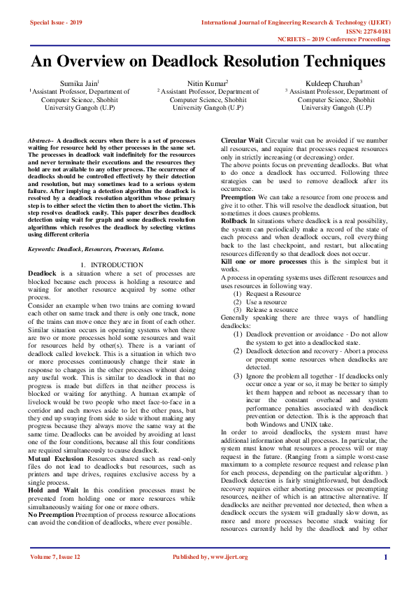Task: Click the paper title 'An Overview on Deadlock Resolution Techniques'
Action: click(x=208, y=61)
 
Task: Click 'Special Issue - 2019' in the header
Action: click(x=56, y=23)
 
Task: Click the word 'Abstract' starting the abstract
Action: click(x=39, y=141)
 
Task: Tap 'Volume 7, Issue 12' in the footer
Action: click(x=56, y=557)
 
